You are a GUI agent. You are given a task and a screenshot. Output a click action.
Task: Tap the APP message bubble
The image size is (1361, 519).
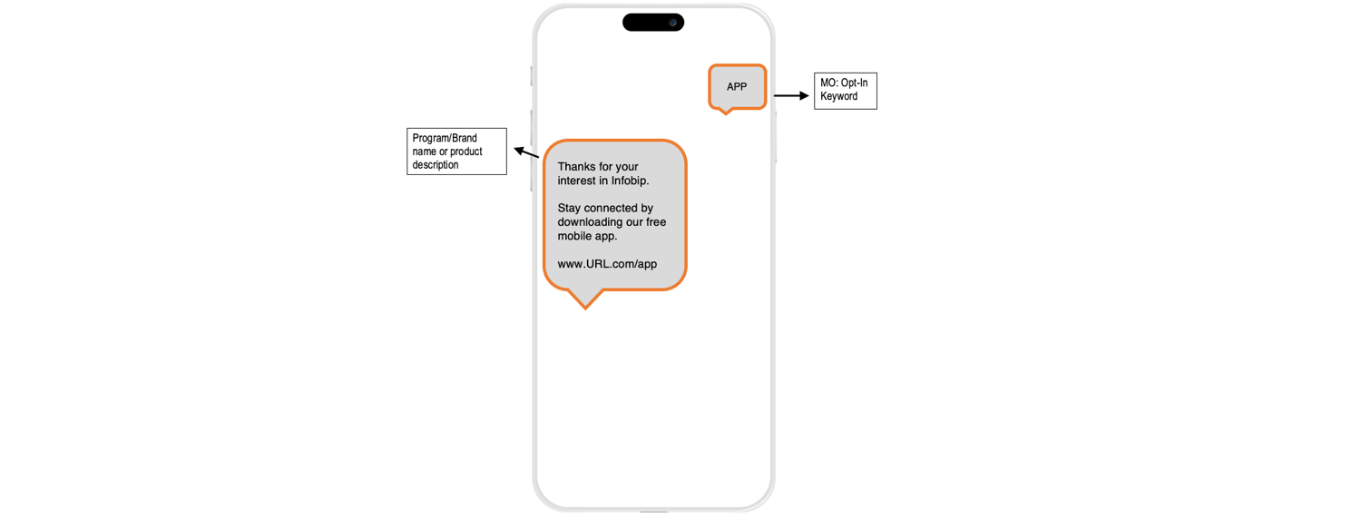(737, 87)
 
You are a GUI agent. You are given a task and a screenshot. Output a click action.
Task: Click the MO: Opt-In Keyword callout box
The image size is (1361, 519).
(845, 91)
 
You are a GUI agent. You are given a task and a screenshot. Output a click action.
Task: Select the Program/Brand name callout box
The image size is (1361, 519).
(456, 152)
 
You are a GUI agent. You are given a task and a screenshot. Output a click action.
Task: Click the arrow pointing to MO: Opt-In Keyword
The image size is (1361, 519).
(790, 95)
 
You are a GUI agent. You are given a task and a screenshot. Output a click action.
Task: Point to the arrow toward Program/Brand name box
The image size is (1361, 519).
(526, 152)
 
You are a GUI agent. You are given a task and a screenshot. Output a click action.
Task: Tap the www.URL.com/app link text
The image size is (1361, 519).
(607, 264)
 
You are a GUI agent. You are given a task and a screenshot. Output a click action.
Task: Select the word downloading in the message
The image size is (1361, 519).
(591, 222)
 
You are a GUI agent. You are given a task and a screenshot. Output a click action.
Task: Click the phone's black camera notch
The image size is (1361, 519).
(653, 23)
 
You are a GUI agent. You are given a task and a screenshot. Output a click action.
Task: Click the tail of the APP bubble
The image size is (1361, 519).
(725, 111)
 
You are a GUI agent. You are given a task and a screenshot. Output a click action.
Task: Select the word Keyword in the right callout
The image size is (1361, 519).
(839, 97)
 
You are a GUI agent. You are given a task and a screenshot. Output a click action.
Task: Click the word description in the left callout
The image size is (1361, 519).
(436, 165)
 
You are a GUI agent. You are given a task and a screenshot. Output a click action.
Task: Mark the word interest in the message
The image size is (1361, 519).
(577, 181)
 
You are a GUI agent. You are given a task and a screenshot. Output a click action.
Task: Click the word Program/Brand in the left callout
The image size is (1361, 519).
(445, 139)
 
